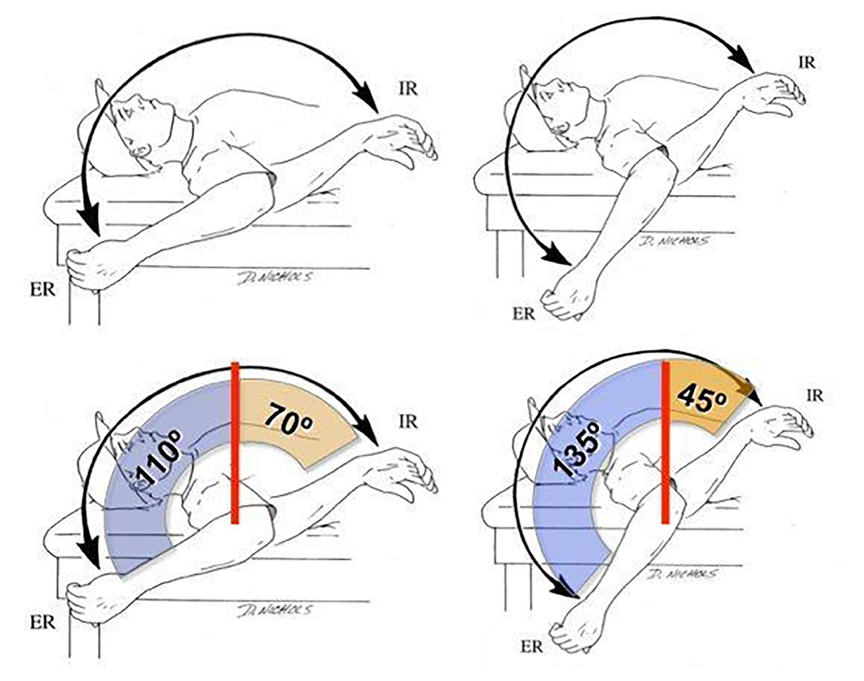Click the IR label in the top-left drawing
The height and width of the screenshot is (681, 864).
click(x=408, y=88)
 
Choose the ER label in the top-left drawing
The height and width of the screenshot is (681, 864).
click(x=43, y=289)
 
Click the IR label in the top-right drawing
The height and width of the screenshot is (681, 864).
click(x=807, y=63)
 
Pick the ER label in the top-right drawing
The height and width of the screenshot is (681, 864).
click(x=523, y=313)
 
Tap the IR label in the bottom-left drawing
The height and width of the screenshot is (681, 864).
click(x=408, y=421)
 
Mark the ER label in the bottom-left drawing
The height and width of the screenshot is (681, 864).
click(x=43, y=622)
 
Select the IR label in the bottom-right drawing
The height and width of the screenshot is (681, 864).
click(x=815, y=396)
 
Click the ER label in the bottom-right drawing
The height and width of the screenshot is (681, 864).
click(x=532, y=647)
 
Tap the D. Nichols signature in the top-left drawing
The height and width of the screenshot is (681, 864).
click(x=274, y=276)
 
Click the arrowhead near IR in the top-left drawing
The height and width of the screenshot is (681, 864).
click(x=368, y=102)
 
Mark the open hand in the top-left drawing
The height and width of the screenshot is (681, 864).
click(x=408, y=137)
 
